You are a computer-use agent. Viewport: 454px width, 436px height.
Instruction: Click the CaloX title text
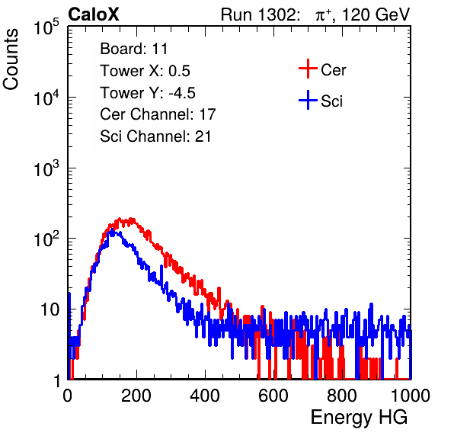click(93, 14)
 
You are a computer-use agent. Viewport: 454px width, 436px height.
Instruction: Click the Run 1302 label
click(260, 14)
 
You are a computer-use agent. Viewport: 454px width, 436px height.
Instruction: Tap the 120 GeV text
click(376, 14)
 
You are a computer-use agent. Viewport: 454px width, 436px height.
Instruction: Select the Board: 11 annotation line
click(134, 49)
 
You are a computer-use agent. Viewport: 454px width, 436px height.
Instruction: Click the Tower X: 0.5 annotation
click(145, 71)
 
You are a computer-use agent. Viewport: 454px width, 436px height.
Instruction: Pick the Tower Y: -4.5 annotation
click(148, 93)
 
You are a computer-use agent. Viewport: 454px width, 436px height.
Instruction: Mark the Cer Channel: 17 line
click(158, 114)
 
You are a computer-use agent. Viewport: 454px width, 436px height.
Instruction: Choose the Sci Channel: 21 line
click(155, 136)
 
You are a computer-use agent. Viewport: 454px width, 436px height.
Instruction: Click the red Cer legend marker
click(308, 69)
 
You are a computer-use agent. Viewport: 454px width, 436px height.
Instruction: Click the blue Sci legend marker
click(308, 100)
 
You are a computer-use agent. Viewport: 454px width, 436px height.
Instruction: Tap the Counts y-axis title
click(11, 59)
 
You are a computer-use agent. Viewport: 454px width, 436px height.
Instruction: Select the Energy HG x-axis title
click(359, 418)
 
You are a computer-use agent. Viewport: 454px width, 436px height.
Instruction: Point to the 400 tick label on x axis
click(205, 396)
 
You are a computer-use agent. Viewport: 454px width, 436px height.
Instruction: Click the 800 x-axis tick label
click(342, 396)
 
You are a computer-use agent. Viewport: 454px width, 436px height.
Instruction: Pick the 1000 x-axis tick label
click(411, 396)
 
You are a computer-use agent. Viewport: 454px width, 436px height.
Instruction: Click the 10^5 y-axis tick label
click(46, 27)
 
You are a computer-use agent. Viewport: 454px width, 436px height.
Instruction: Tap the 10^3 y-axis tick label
click(46, 168)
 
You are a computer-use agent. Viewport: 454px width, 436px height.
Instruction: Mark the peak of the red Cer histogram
click(131, 219)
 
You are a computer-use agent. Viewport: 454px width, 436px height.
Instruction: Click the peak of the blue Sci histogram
click(112, 230)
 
